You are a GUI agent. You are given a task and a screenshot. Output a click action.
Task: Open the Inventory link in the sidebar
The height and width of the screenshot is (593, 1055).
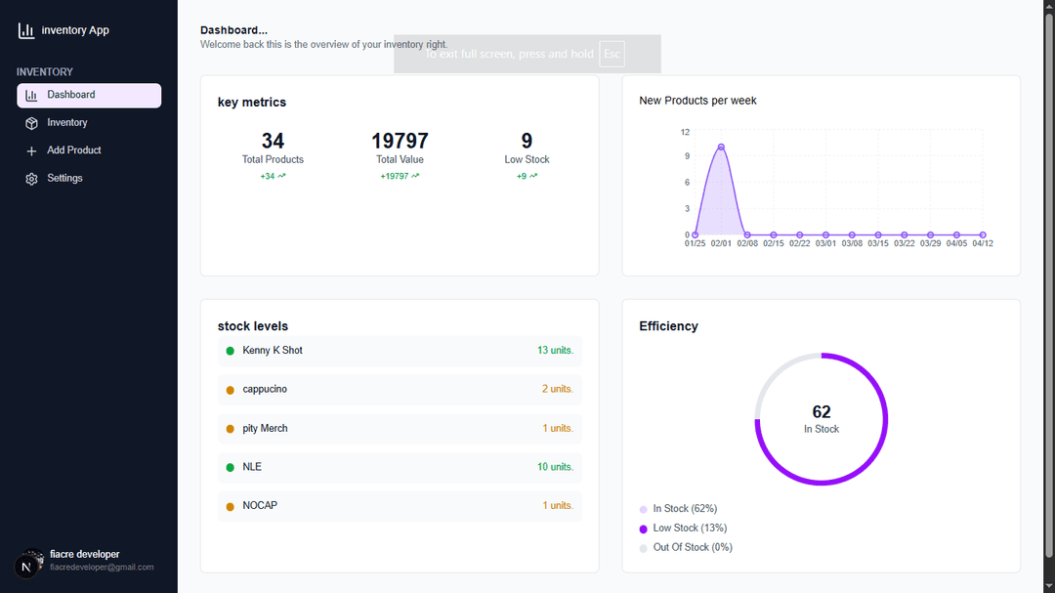(x=66, y=123)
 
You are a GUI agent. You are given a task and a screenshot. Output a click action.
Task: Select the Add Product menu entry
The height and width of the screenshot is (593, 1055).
(x=73, y=150)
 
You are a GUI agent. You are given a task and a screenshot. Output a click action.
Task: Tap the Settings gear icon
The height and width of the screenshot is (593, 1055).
(x=31, y=179)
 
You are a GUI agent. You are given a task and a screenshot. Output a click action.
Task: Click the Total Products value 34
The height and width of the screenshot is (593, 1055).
(x=273, y=141)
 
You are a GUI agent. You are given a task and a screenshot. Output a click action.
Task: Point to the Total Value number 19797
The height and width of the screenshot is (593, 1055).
(x=400, y=141)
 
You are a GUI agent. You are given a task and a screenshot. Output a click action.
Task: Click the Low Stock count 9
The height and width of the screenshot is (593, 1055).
(x=527, y=141)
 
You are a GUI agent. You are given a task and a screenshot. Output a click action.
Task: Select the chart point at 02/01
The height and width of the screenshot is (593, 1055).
(x=721, y=148)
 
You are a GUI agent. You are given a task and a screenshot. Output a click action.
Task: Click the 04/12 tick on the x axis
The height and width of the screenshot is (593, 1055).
(x=982, y=243)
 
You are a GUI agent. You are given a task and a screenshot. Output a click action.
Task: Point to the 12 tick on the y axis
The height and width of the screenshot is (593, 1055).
(x=685, y=132)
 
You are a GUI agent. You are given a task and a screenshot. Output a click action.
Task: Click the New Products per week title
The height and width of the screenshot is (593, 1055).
(x=697, y=101)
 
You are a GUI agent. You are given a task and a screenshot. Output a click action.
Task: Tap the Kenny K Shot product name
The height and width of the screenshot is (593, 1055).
(x=273, y=351)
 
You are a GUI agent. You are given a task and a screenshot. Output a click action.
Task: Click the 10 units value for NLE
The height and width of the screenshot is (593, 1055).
(x=555, y=467)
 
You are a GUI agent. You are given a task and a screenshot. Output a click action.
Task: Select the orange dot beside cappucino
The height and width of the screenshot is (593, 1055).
(x=231, y=390)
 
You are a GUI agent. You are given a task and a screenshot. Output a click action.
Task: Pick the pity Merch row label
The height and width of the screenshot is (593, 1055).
(x=265, y=428)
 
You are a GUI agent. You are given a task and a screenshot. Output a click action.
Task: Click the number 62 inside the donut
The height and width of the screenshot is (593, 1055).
(x=822, y=412)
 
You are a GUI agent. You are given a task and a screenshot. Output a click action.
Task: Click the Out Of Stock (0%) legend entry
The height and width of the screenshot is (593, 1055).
(x=692, y=547)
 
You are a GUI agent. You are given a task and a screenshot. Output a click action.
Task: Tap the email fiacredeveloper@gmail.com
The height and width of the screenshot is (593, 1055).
(x=102, y=568)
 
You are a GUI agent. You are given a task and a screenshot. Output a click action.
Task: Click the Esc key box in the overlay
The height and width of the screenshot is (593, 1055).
(x=612, y=54)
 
